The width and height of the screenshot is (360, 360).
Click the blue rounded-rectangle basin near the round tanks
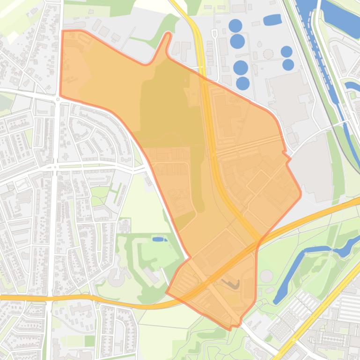pyautogui.click(x=272, y=20)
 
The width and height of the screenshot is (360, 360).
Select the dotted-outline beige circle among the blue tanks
pyautogui.click(x=268, y=54)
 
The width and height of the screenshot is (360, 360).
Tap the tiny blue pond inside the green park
pyautogui.click(x=159, y=239)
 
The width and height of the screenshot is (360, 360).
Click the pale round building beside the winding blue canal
pyautogui.click(x=266, y=276)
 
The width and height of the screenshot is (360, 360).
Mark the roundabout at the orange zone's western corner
pyautogui.click(x=58, y=99)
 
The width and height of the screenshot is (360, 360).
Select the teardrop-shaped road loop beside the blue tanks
pyautogui.click(x=214, y=33)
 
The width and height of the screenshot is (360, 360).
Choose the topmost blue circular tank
pyautogui.click(x=235, y=25)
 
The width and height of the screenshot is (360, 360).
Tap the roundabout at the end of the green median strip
pyautogui.click(x=56, y=166)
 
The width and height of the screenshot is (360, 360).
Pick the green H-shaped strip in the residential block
pyautogui.click(x=114, y=192)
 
